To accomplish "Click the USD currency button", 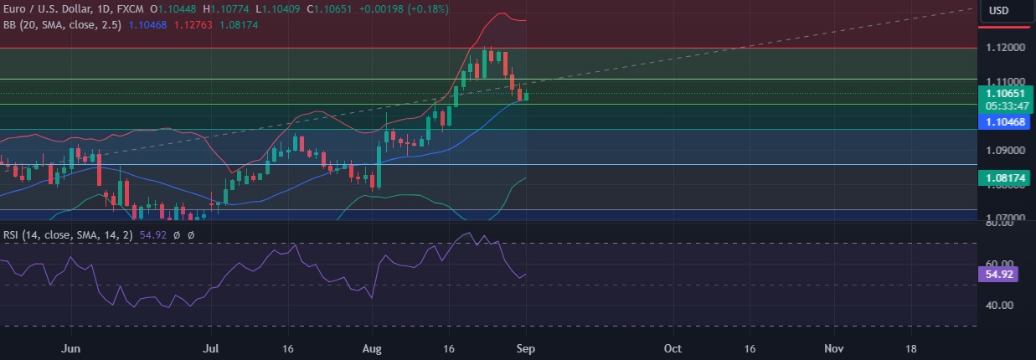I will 998,10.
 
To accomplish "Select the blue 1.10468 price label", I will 1006,122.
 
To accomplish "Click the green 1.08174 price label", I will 1006,177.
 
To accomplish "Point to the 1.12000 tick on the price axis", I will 1003,48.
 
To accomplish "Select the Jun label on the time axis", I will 72,347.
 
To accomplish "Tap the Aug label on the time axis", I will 371,347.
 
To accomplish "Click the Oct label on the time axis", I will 672,347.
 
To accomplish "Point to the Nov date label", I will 833,347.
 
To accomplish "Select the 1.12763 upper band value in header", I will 193,25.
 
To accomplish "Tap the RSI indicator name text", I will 10,236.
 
